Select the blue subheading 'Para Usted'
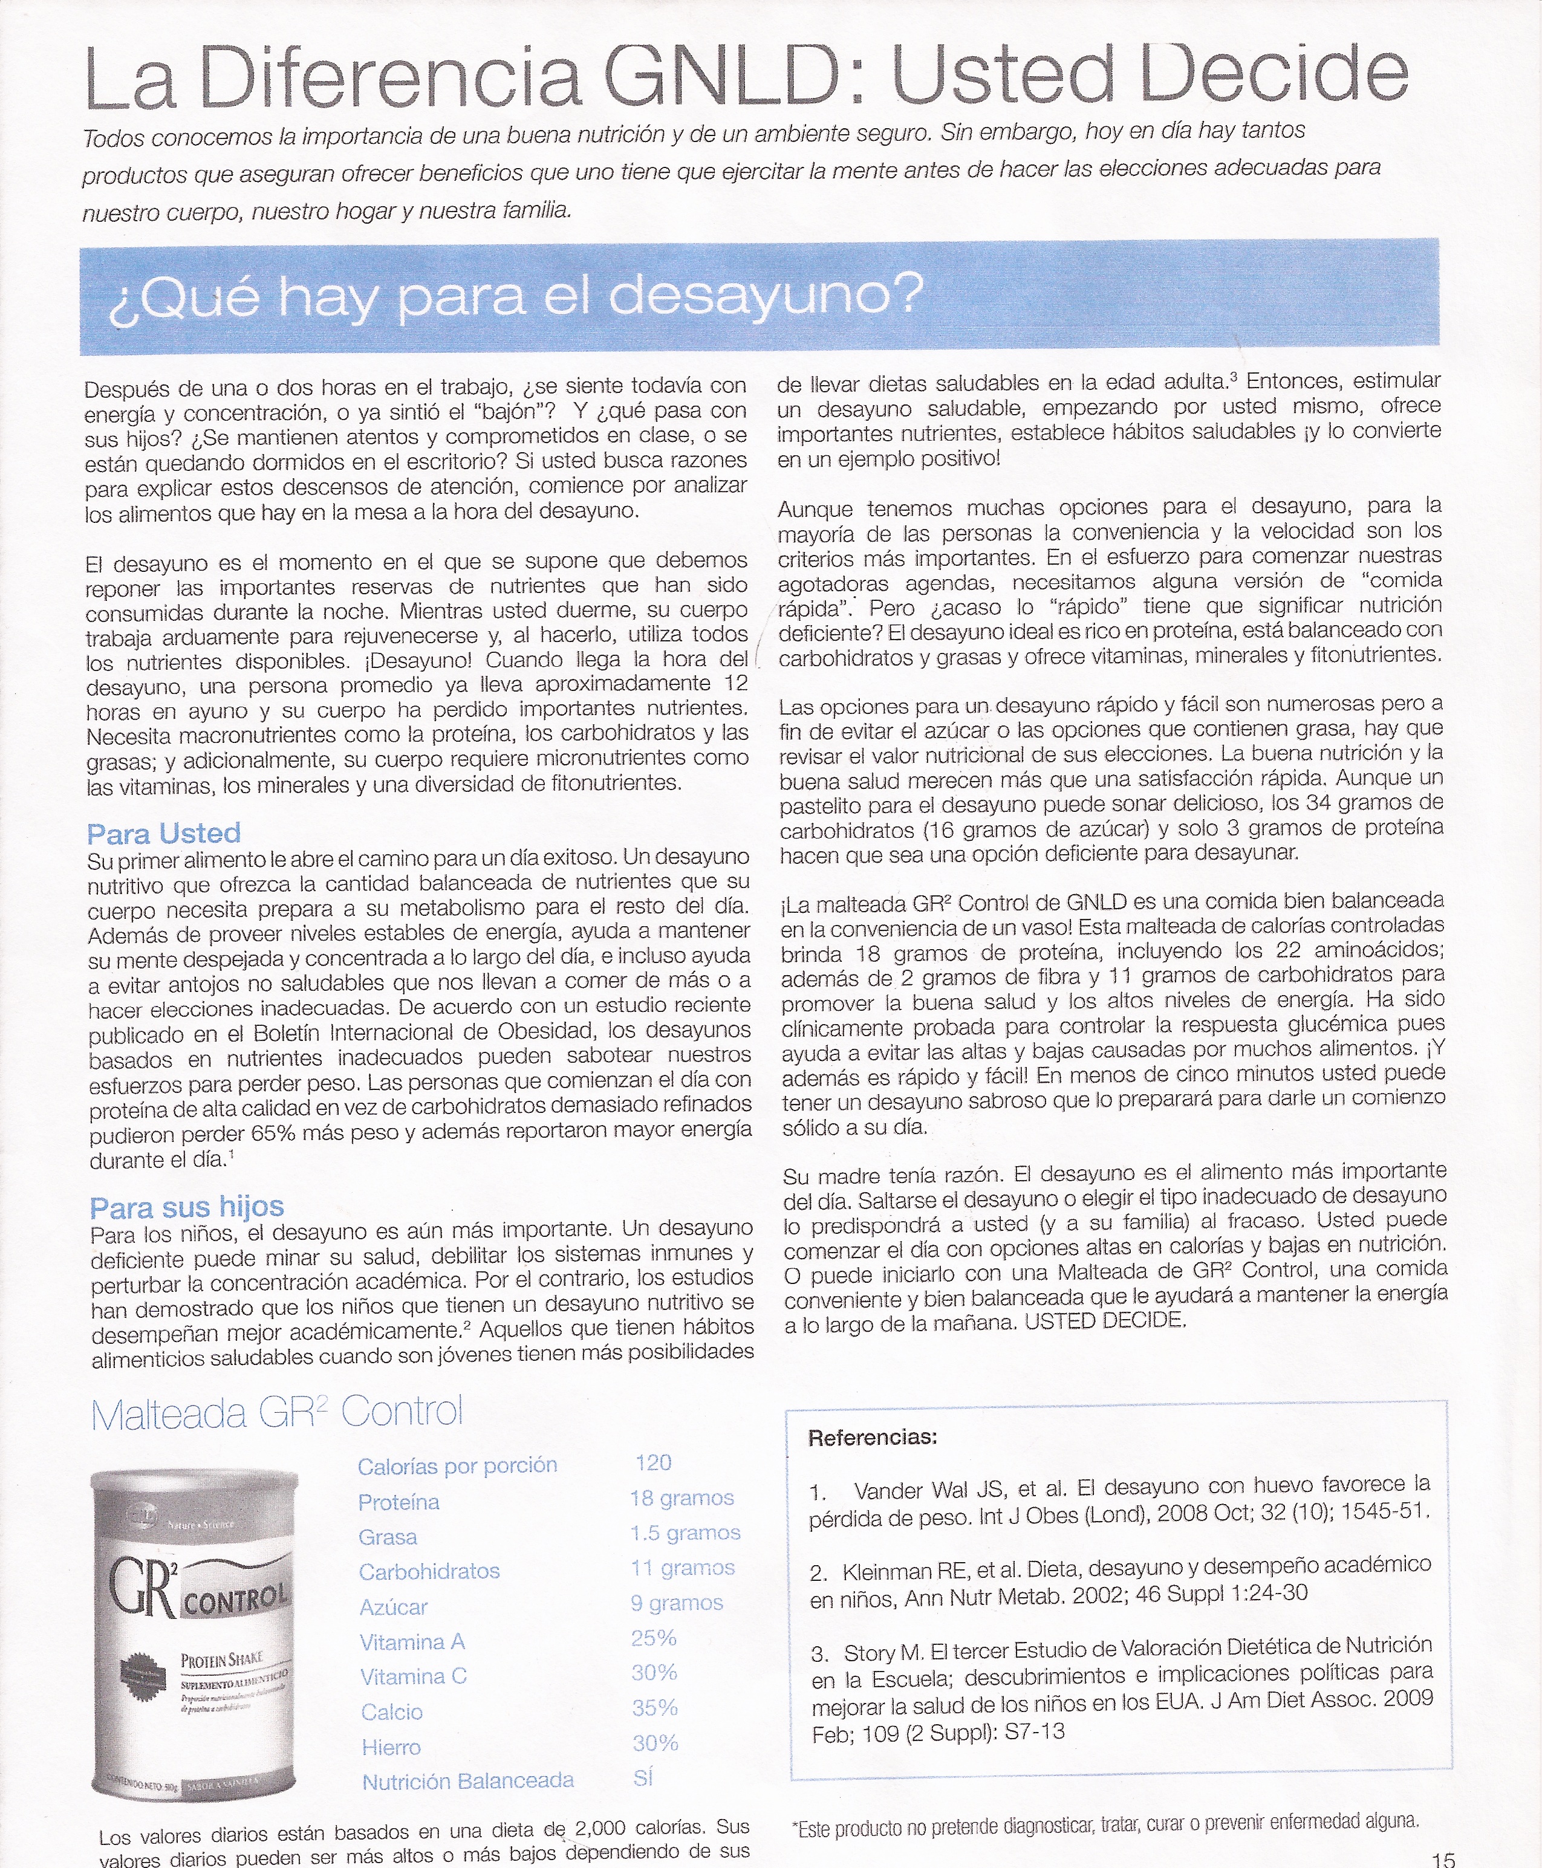pos(164,833)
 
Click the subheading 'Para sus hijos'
pos(186,1207)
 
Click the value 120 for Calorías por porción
pos(653,1462)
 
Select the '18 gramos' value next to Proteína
pos(682,1498)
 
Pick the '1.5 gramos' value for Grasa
pos(685,1532)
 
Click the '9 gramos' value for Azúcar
pos(677,1603)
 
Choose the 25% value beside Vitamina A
pos(654,1638)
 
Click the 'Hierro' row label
pos(391,1747)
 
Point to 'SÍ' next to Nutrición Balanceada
pos(643,1777)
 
